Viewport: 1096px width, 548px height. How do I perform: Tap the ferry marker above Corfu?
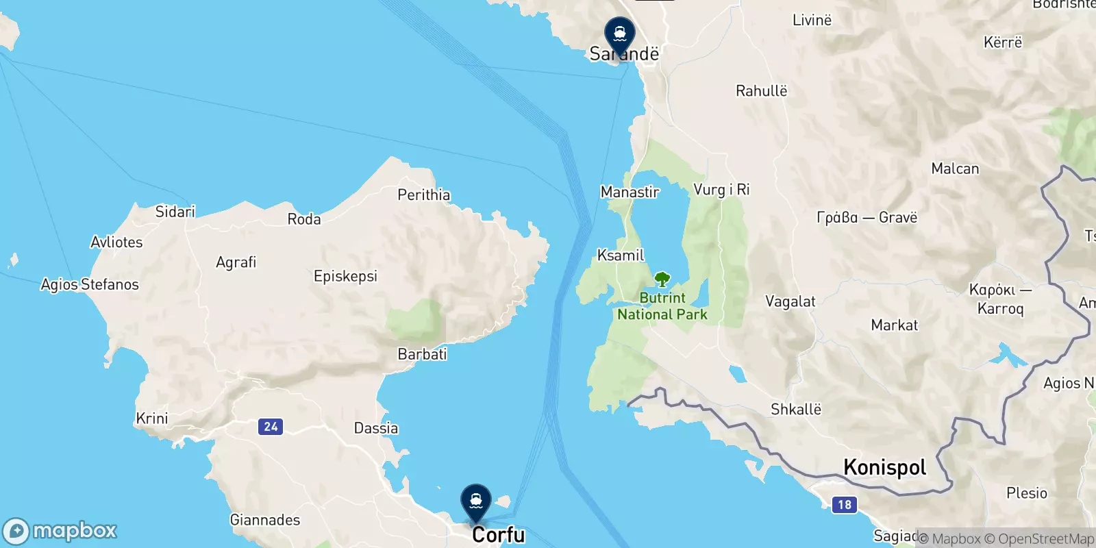(476, 501)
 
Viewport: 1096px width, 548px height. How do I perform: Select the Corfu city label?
(498, 534)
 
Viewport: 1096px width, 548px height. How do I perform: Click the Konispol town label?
(885, 467)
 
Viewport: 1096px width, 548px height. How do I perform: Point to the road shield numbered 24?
(271, 427)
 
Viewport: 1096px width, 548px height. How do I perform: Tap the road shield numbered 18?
(845, 505)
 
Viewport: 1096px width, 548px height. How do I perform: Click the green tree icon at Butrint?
(662, 279)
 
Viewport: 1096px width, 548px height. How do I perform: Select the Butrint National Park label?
(662, 306)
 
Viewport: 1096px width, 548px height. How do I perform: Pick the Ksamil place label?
(621, 256)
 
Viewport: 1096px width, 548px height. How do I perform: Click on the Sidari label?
(175, 212)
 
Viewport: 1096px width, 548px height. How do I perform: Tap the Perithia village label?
(424, 195)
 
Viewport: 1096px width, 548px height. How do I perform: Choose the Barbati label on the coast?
(422, 354)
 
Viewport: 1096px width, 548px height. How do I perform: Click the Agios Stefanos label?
(90, 284)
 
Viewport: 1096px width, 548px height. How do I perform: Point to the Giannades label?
(265, 520)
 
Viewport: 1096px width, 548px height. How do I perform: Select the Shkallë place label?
(796, 410)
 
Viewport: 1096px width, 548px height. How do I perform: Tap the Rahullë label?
(761, 91)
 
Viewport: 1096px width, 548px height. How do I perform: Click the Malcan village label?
(955, 169)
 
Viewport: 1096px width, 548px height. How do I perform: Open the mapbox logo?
(60, 531)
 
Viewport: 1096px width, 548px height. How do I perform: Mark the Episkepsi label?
(345, 276)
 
